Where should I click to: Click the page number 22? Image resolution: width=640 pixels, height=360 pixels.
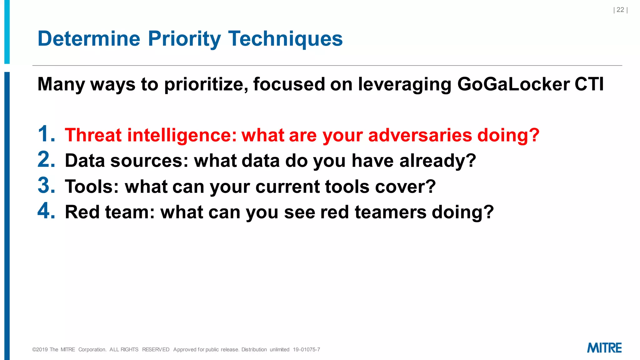tap(620, 10)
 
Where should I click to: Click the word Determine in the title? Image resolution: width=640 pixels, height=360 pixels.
tap(89, 39)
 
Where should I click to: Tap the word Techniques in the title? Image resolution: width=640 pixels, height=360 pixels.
tap(285, 39)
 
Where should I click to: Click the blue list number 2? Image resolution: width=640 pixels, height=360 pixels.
tap(46, 160)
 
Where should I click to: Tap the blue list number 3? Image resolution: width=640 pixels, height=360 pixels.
tap(46, 185)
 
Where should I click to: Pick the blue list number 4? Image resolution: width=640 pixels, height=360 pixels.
tap(46, 211)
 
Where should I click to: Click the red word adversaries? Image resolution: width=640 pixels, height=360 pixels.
tap(420, 135)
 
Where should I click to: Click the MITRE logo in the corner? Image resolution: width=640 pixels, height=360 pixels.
tap(604, 348)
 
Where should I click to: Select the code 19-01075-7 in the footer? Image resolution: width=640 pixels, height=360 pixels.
tap(306, 350)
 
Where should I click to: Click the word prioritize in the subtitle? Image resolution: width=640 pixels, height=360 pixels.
tap(206, 84)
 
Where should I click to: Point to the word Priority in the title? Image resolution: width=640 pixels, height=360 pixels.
tap(184, 39)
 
